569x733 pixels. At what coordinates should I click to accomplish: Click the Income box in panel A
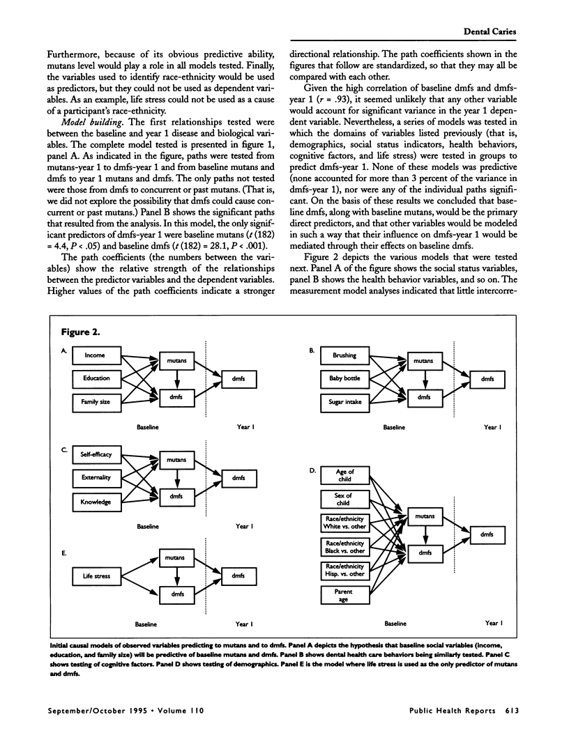click(96, 355)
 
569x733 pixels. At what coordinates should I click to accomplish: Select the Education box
click(96, 378)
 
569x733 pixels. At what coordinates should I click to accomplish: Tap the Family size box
click(96, 401)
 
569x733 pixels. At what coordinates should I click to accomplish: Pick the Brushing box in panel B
click(344, 355)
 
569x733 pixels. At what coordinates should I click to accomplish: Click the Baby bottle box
click(344, 378)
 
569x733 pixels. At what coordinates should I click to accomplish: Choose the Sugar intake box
click(344, 402)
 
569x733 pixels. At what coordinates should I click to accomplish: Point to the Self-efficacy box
click(96, 456)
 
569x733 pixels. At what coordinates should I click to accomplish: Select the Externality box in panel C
click(96, 479)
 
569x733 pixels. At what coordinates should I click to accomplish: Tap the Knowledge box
click(96, 502)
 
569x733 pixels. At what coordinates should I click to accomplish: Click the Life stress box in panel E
click(96, 576)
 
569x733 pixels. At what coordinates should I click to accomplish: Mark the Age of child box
click(344, 476)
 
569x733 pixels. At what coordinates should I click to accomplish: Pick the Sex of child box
click(344, 499)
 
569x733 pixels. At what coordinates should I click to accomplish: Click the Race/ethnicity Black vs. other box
click(344, 546)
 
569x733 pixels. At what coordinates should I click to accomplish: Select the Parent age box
click(344, 595)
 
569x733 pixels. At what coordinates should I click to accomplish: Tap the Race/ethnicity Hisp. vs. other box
click(344, 571)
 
